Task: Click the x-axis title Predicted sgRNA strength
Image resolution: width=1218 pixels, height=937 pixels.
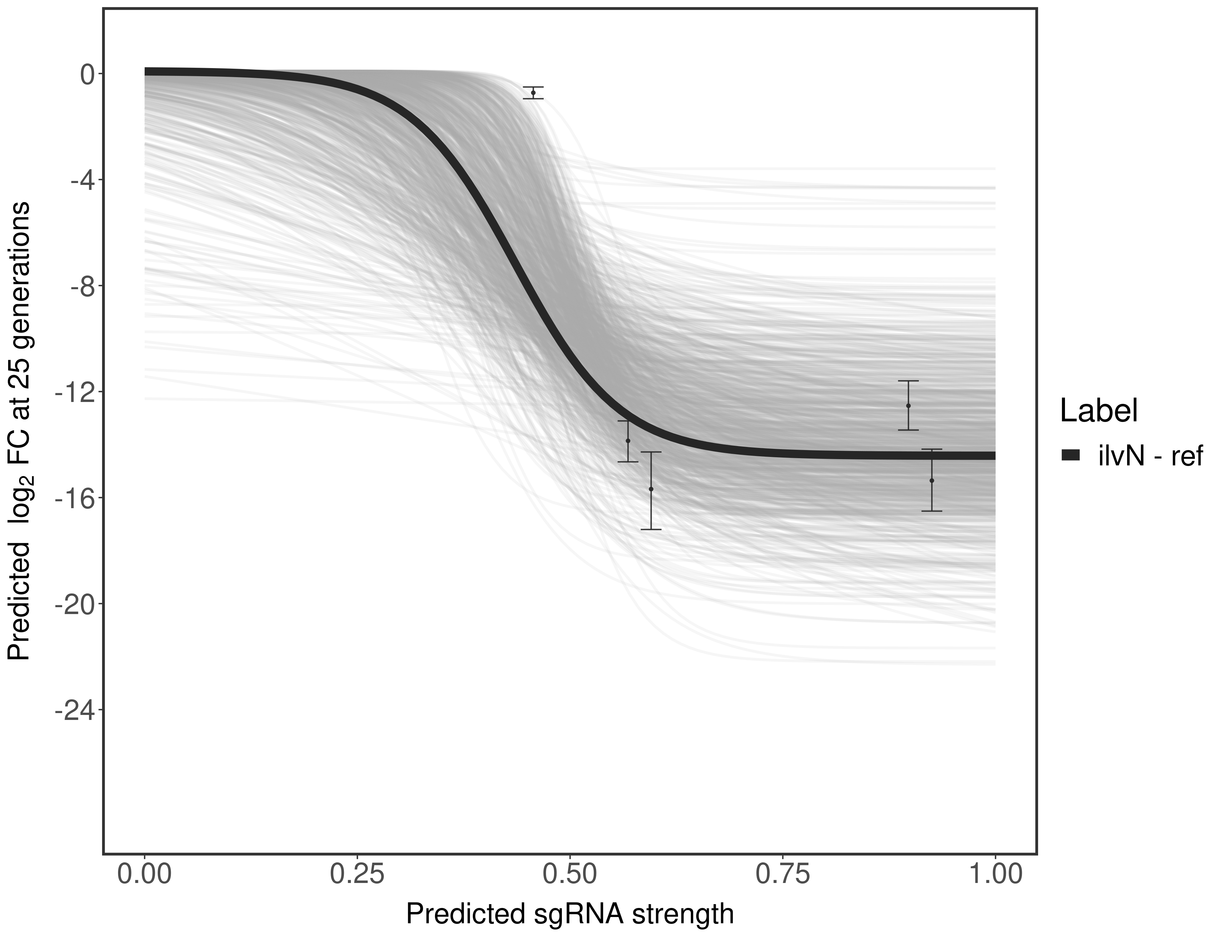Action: click(x=569, y=915)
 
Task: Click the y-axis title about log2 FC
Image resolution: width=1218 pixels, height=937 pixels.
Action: click(x=19, y=431)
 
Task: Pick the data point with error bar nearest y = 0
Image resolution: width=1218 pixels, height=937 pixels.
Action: click(x=533, y=92)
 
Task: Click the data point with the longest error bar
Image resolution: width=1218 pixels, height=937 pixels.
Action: click(x=651, y=489)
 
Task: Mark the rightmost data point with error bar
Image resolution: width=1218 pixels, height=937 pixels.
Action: click(x=932, y=480)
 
